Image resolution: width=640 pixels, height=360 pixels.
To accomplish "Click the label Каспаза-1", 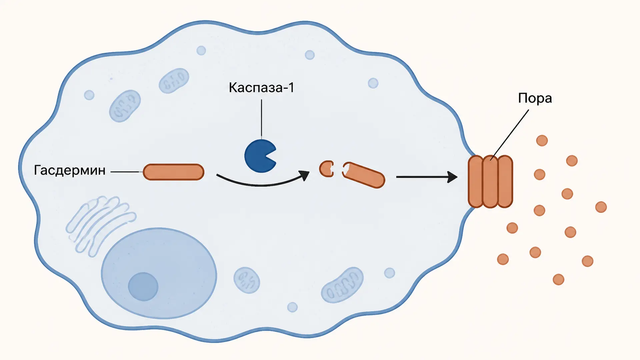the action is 262,88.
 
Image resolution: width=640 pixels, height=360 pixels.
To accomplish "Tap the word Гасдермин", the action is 70,170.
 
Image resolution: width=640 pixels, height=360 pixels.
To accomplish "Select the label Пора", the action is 535,98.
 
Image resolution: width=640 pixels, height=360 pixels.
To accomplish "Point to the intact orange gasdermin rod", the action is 174,172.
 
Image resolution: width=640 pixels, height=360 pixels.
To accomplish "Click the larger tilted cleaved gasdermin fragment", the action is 364,175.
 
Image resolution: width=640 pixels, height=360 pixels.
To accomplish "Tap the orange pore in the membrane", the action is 490,182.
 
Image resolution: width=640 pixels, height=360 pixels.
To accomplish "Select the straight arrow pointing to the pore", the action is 427,177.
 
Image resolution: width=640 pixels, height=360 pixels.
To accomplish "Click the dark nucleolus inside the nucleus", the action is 143,287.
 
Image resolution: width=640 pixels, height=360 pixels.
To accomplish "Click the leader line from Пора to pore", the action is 510,135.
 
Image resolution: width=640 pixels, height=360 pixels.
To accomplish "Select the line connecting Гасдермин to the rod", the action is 125,172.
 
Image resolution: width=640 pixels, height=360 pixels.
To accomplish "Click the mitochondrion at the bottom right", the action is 342,285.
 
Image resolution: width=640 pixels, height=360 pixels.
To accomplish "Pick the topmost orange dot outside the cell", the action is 542,140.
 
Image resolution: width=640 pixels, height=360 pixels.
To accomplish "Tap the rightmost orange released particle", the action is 601,207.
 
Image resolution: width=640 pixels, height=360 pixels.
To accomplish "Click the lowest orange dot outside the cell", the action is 558,279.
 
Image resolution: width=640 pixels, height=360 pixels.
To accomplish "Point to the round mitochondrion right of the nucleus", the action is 247,280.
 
